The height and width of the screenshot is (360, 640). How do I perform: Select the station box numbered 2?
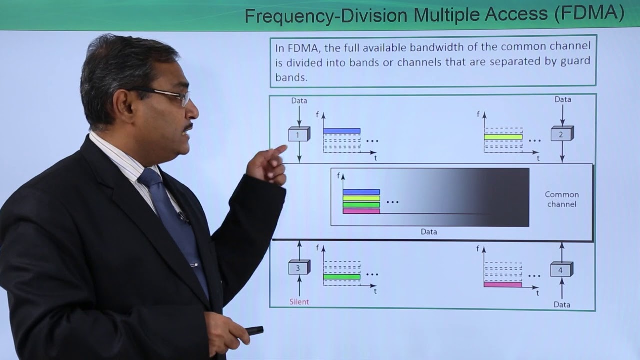point(562,134)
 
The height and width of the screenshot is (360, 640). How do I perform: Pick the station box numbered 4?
point(561,270)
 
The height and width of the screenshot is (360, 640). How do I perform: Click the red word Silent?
point(299,302)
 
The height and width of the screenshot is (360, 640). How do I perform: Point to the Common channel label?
point(562,199)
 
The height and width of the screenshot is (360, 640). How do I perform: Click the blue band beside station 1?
point(342,131)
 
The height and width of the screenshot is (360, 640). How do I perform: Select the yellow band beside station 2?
point(503,137)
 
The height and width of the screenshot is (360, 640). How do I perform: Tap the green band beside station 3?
point(342,276)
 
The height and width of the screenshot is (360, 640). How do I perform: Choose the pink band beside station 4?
point(503,284)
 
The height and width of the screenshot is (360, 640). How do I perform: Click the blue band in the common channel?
point(361,192)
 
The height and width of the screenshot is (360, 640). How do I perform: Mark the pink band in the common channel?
point(361,211)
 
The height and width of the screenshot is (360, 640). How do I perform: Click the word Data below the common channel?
point(429,232)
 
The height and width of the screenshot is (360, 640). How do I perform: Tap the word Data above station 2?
point(563,99)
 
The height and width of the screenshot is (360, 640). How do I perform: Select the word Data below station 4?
point(562,304)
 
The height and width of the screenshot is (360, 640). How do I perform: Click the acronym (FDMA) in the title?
point(589,15)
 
